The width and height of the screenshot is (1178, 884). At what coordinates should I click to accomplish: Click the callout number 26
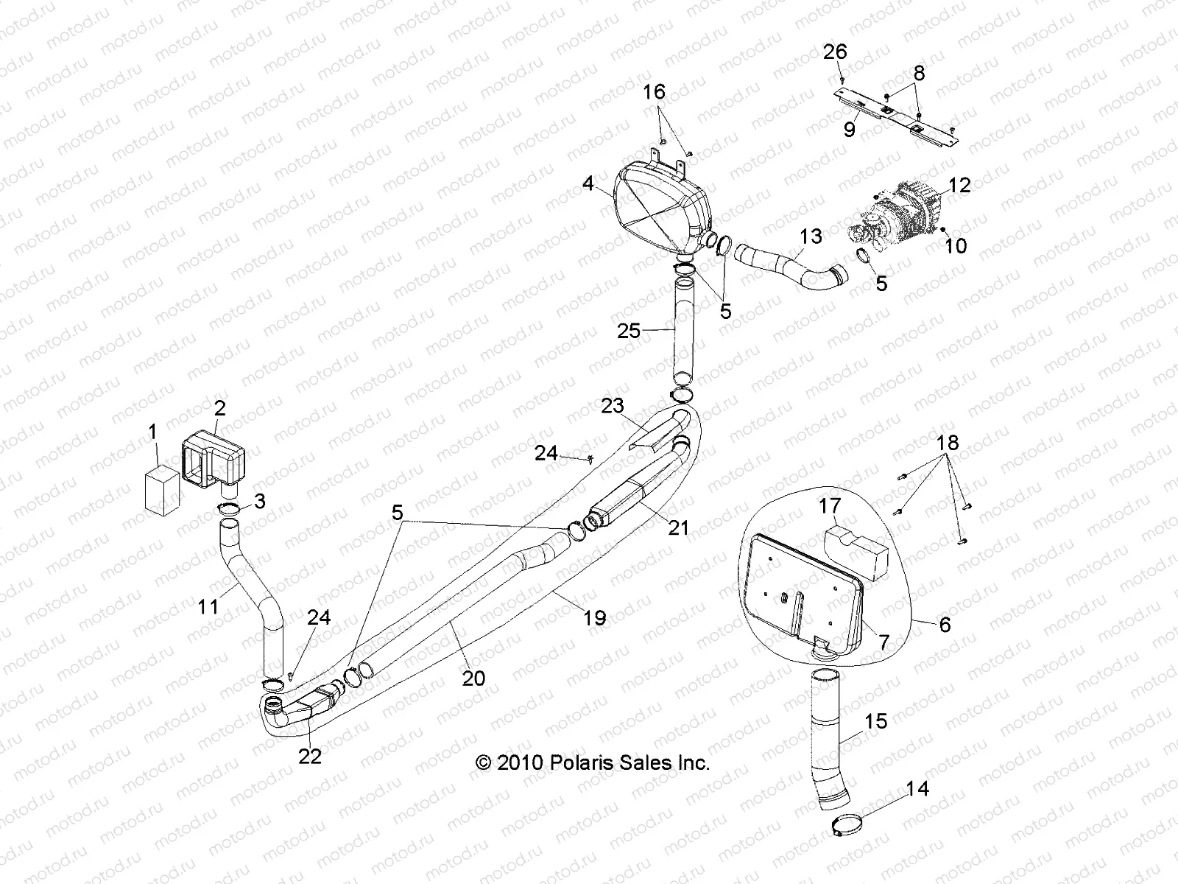[836, 52]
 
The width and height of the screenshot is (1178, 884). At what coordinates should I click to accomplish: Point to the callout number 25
[629, 331]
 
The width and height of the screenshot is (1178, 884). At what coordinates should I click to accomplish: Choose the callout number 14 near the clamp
[917, 789]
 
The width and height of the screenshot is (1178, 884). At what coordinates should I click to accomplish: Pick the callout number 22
[310, 756]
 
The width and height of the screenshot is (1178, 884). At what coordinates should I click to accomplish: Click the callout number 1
[153, 432]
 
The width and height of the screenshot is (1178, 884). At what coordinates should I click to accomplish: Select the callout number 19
[594, 617]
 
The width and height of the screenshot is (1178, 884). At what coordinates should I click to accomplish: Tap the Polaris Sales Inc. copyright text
[593, 763]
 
